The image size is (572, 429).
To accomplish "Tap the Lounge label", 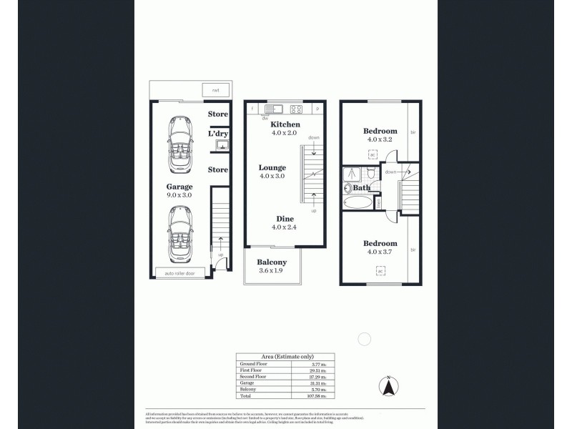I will tap(272, 167).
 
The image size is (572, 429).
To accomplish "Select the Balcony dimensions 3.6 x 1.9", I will tap(272, 271).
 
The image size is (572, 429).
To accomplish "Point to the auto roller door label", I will tap(179, 273).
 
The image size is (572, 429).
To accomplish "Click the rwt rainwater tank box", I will tap(215, 90).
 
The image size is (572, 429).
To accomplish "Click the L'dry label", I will tap(218, 134).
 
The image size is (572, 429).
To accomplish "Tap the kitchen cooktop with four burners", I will tap(295, 109).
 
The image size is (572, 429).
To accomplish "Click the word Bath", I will tap(361, 189).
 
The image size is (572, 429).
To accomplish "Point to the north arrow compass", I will tap(388, 387).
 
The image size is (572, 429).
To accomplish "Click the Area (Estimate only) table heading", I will tap(285, 357).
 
